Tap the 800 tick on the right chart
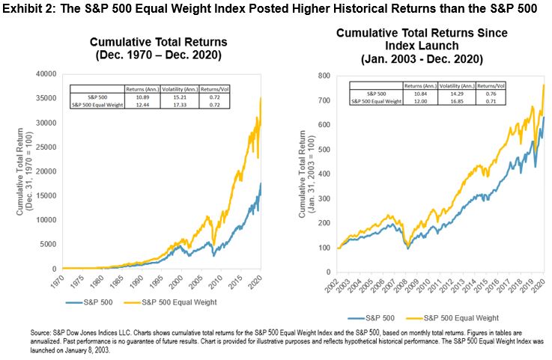[303, 75]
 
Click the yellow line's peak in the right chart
[542, 85]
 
